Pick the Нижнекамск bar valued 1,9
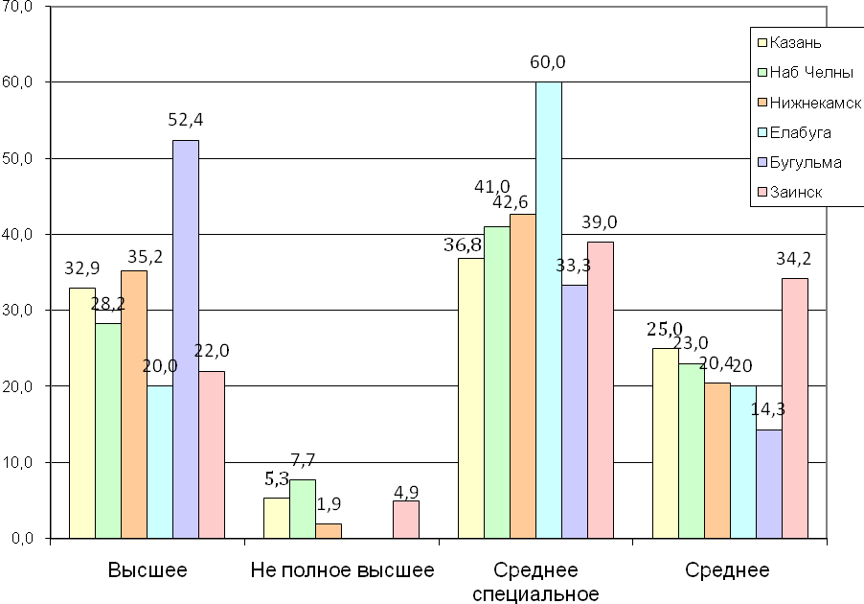(x=329, y=530)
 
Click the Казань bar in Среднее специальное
(x=471, y=398)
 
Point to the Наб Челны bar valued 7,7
(x=303, y=508)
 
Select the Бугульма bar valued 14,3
(x=768, y=483)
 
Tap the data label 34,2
(x=794, y=259)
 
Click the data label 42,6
(x=535, y=201)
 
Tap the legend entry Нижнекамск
(x=815, y=103)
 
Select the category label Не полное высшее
(x=342, y=571)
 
